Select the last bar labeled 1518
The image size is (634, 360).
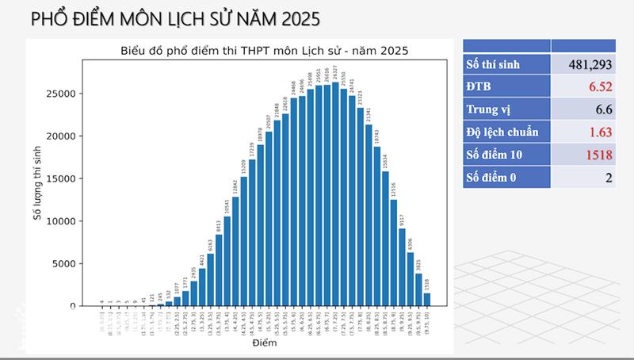coord(427,300)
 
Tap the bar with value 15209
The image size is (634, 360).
coord(243,241)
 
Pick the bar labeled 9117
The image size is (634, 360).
coord(402,267)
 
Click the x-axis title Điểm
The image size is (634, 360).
coord(265,343)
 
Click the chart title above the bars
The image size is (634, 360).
coord(264,52)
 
